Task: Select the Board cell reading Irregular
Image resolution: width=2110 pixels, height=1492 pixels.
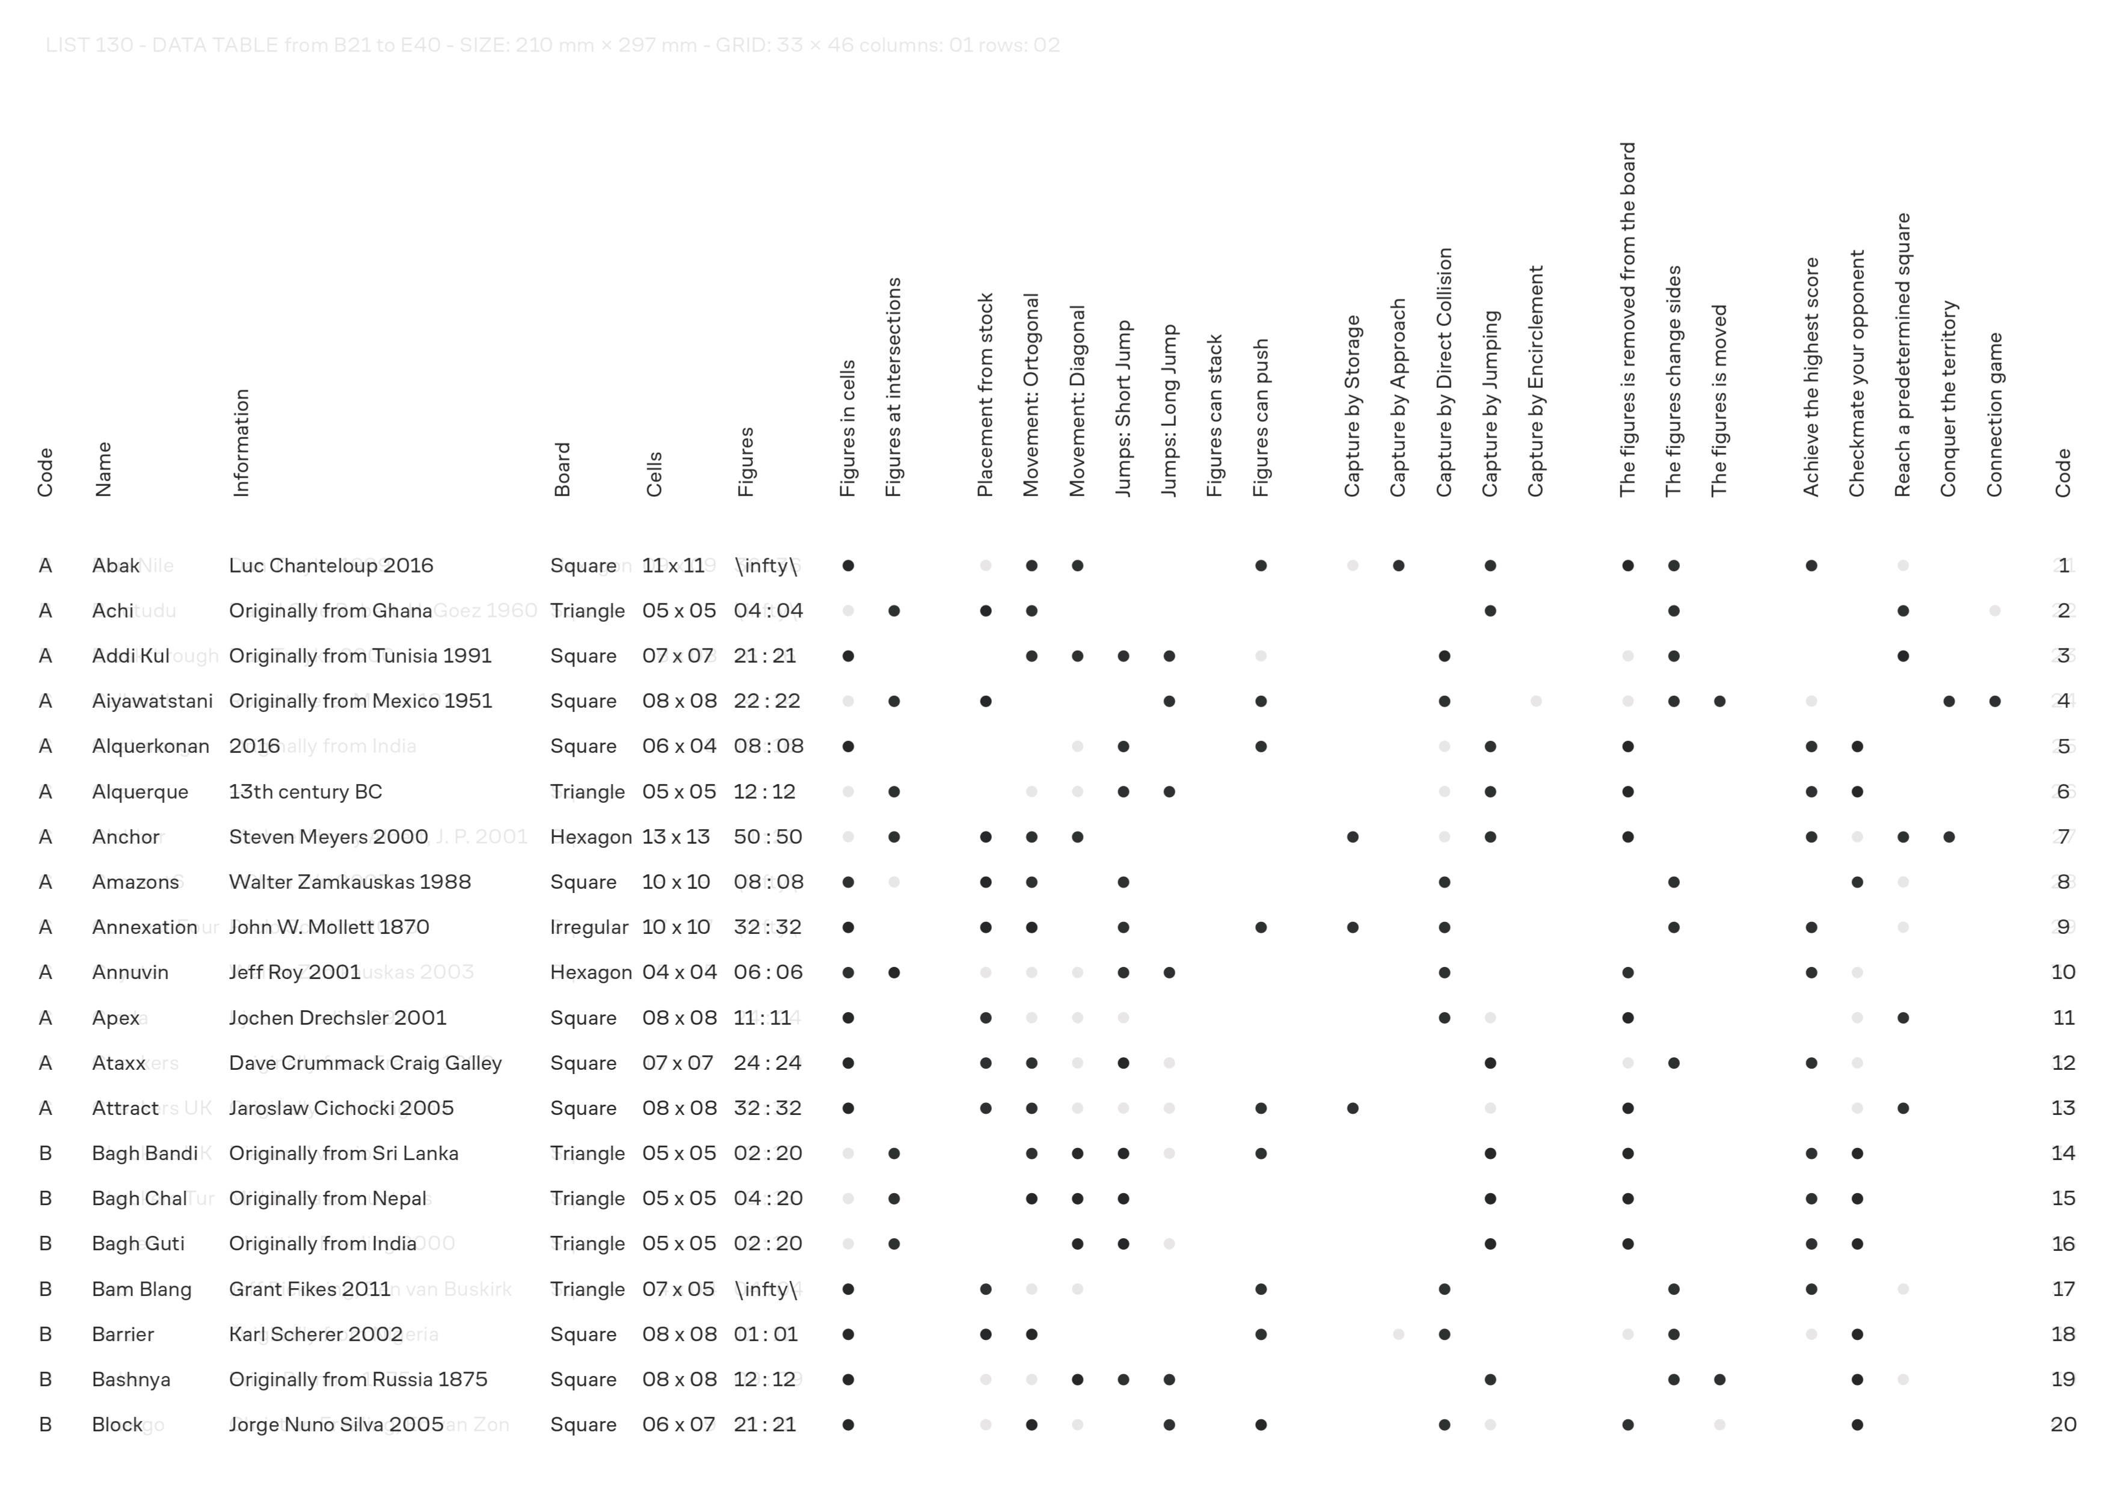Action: pyautogui.click(x=589, y=927)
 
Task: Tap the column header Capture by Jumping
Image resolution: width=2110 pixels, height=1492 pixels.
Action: pyautogui.click(x=1490, y=404)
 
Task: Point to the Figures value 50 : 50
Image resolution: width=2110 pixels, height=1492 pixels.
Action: pyautogui.click(x=767, y=837)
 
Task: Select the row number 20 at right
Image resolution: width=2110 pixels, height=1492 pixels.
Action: pyautogui.click(x=2063, y=1424)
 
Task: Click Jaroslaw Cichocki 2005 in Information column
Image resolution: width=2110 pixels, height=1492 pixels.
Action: pyautogui.click(x=341, y=1108)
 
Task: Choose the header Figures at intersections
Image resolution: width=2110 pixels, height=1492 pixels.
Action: pyautogui.click(x=893, y=387)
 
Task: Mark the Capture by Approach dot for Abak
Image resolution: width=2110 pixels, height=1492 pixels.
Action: pyautogui.click(x=1398, y=566)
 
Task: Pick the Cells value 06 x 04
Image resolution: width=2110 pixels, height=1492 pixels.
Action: pyautogui.click(x=679, y=746)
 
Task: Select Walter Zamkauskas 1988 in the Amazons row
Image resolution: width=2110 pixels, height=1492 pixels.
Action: pyautogui.click(x=349, y=882)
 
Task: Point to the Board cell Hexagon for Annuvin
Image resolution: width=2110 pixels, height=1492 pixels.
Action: pyautogui.click(x=591, y=972)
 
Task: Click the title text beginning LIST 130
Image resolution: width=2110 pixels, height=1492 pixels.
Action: pyautogui.click(x=552, y=45)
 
